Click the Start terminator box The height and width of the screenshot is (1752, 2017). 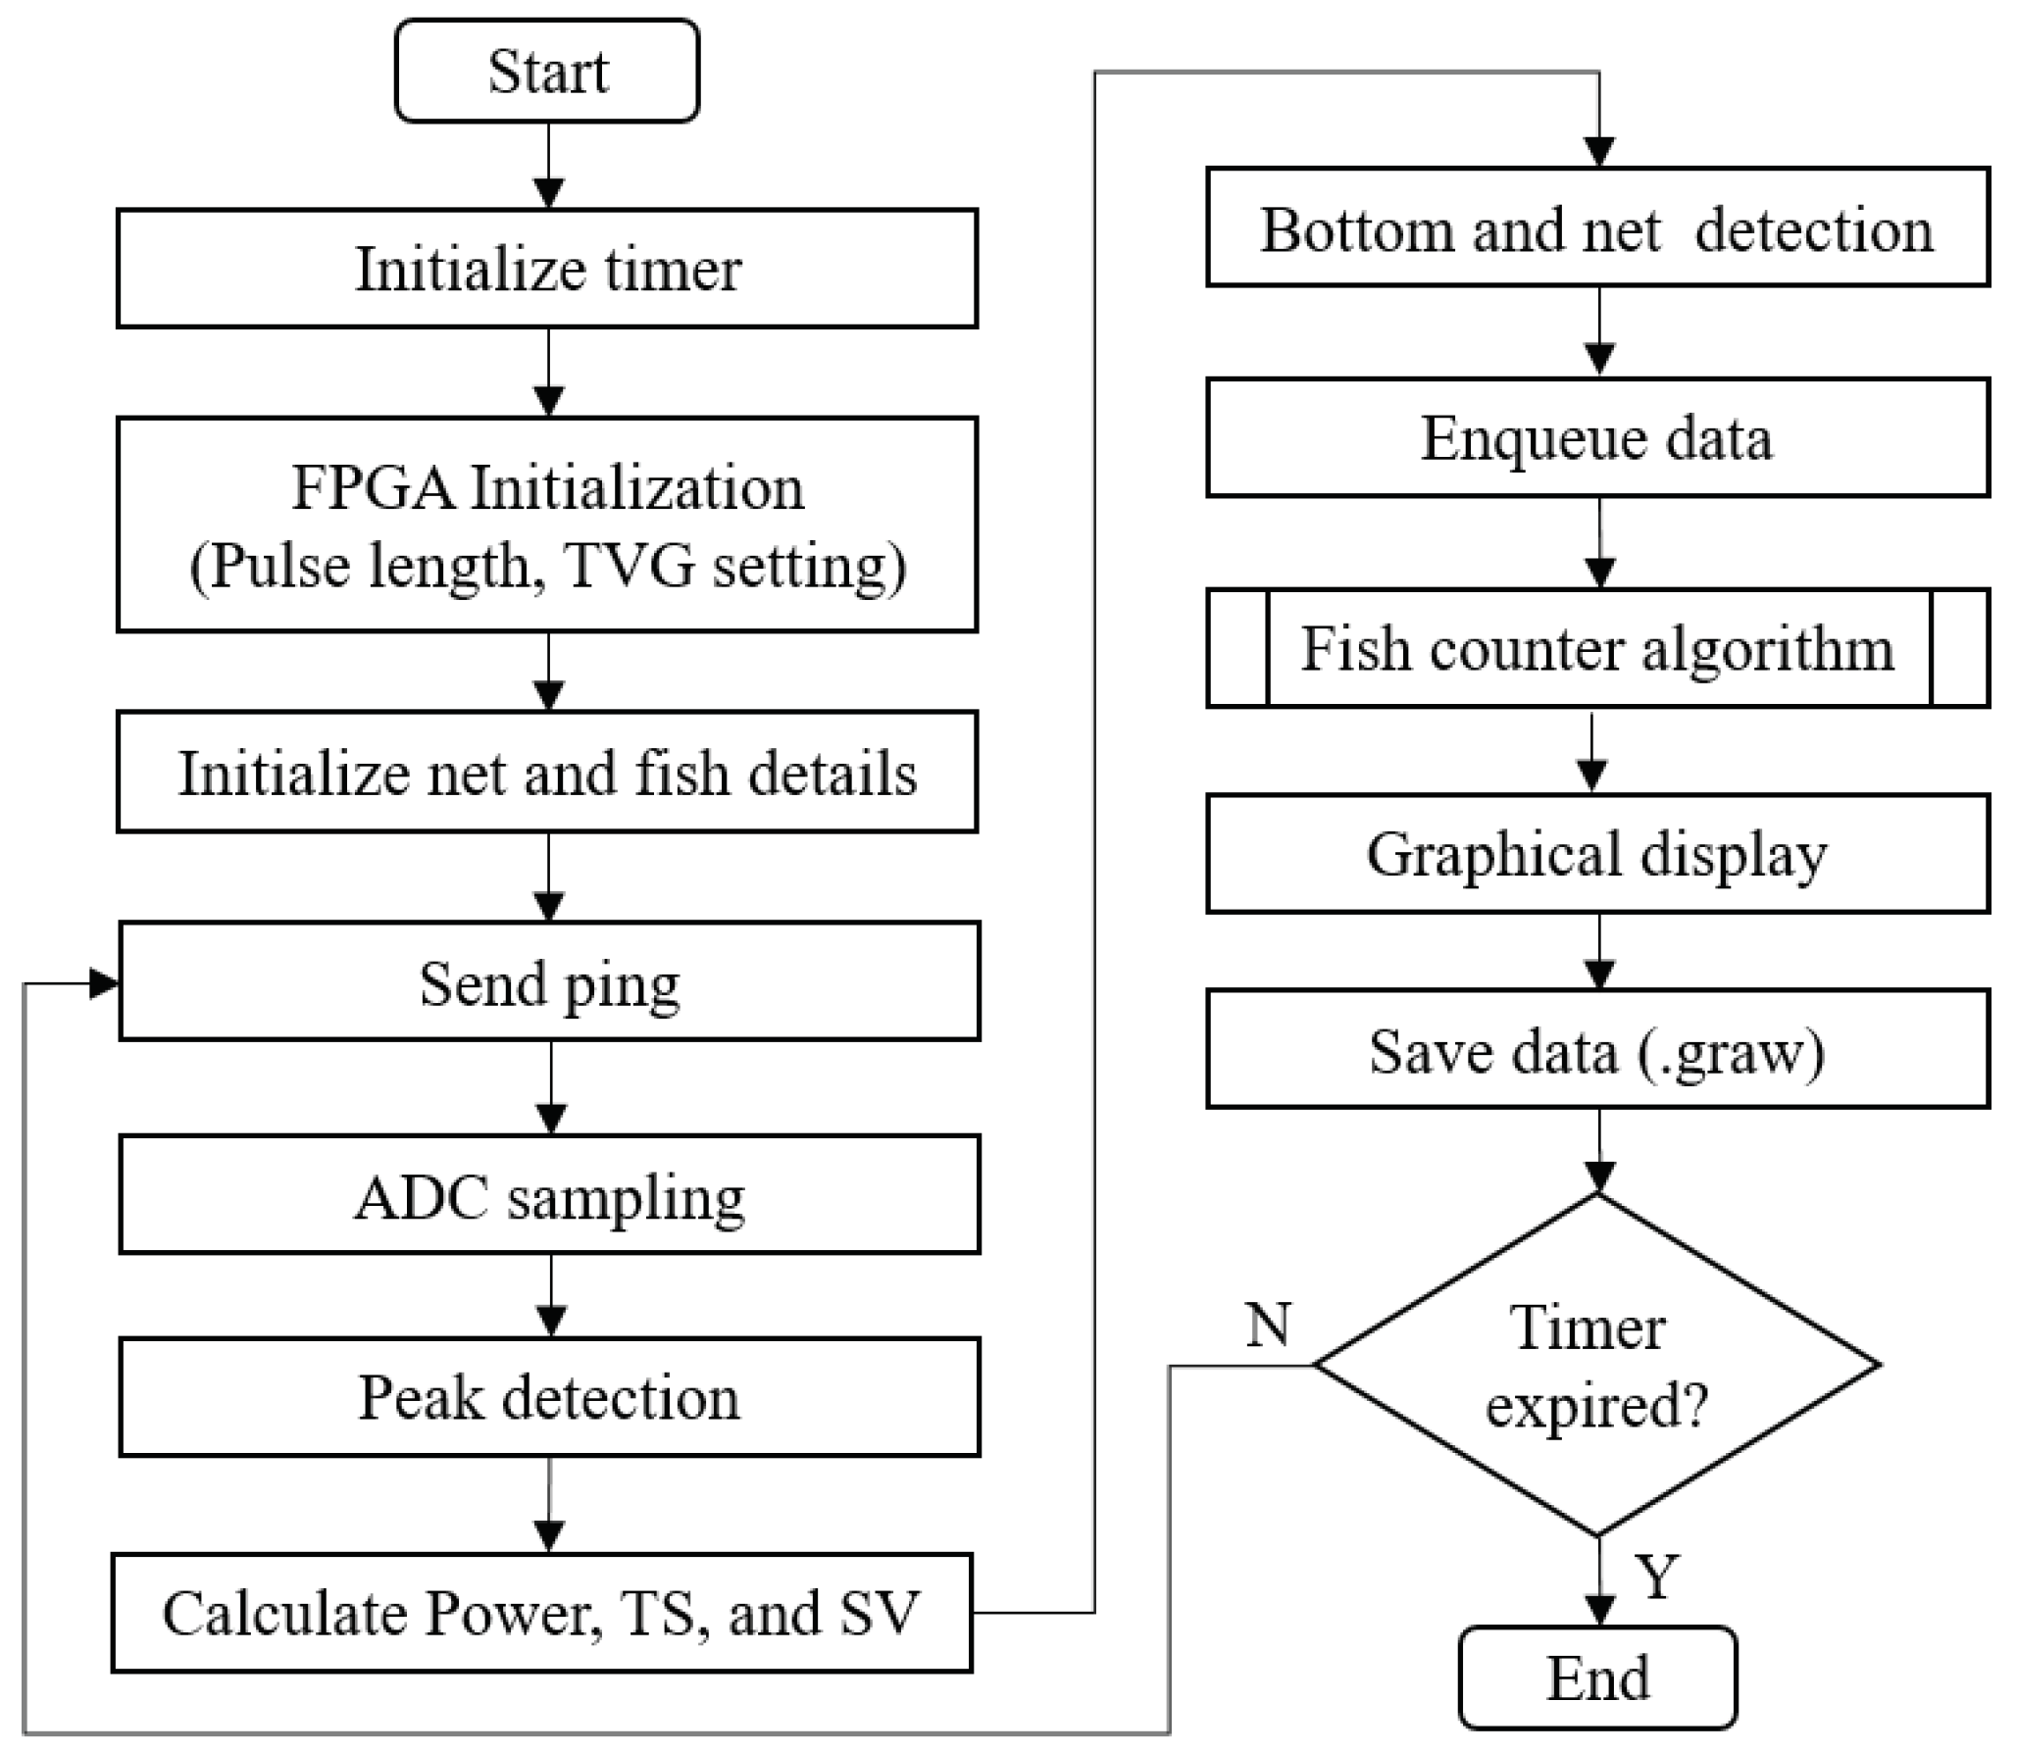[x=547, y=72]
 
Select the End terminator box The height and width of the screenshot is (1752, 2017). [x=1597, y=1677]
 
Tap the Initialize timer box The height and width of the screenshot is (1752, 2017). [x=547, y=268]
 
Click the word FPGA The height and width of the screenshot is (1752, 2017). [x=373, y=486]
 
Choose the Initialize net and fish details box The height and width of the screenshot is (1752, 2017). [x=547, y=773]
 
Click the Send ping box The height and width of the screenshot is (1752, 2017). [x=549, y=982]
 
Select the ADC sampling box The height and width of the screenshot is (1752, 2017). [x=549, y=1195]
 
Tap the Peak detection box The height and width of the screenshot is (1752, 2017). [x=549, y=1396]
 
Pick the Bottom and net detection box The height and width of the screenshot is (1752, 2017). [x=1597, y=228]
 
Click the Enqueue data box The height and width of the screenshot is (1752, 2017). [x=1597, y=437]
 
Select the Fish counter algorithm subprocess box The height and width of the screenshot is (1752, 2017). [x=1597, y=648]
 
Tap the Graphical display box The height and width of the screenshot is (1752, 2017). [x=1597, y=853]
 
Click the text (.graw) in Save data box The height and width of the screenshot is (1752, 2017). [x=1730, y=1052]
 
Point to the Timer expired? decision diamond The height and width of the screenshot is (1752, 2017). [x=1597, y=1365]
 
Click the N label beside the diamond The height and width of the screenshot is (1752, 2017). [x=1268, y=1325]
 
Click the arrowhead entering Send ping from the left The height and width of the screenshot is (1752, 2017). [x=104, y=982]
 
